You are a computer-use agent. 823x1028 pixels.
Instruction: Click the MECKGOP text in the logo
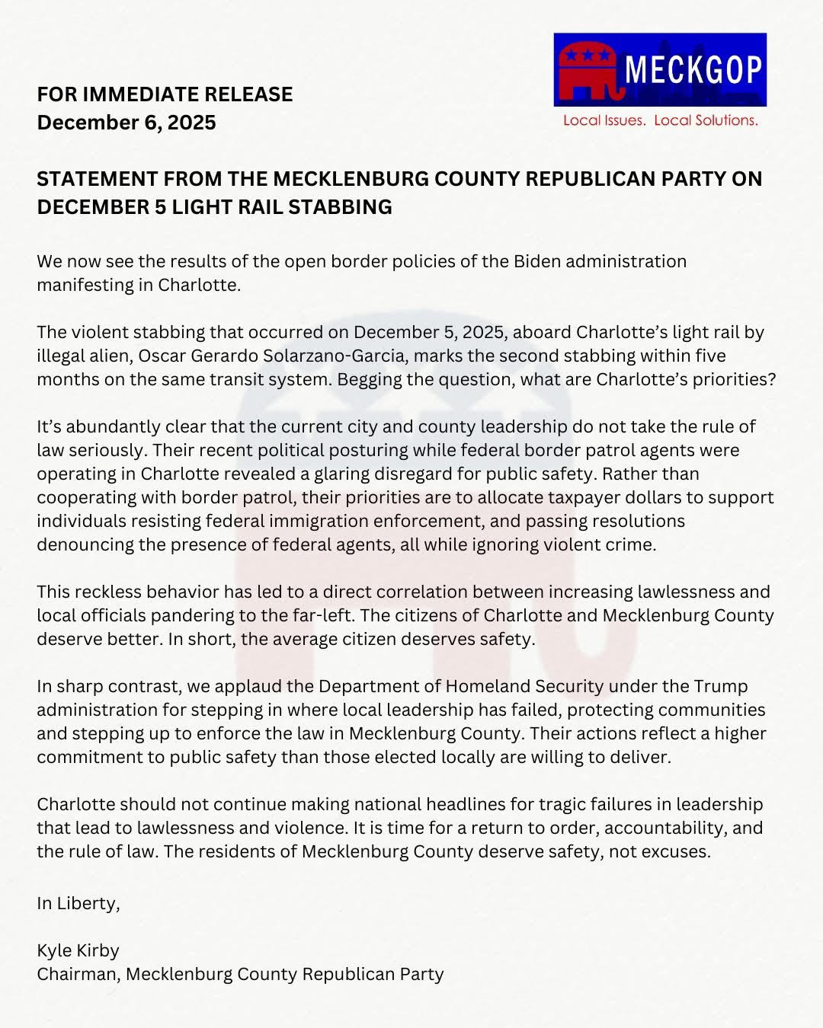click(693, 70)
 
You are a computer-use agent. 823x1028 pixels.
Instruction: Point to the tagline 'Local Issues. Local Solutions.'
click(660, 120)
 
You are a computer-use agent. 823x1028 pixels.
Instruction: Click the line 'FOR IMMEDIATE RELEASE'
click(165, 94)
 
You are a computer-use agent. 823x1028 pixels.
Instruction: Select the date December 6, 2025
click(126, 123)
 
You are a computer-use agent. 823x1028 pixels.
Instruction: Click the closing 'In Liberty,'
click(78, 904)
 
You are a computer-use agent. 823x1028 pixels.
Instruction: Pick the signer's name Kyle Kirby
click(78, 951)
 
